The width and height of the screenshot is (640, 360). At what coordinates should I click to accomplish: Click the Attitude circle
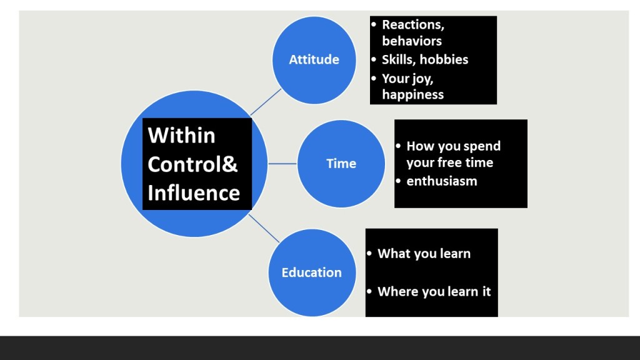point(314,60)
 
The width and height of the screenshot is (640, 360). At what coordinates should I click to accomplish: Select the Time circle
point(341,164)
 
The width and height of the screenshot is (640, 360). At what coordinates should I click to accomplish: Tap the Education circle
point(312,272)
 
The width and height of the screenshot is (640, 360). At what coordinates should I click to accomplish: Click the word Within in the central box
point(181,135)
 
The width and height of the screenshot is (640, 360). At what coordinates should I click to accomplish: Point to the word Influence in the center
point(194,192)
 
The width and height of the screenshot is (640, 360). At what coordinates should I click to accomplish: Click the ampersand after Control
point(230,164)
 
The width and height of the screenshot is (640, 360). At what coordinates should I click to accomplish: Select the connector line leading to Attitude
point(266,102)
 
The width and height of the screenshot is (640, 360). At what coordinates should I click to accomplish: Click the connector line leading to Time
point(282,164)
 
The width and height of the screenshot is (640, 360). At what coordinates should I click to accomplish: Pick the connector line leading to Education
point(264,228)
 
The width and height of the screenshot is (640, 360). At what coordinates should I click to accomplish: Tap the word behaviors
point(412,41)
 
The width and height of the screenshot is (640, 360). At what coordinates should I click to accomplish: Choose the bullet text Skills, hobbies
point(425,59)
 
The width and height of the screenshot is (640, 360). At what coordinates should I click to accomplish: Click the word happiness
point(412,95)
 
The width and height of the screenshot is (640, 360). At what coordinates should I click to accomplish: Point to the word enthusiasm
point(442,181)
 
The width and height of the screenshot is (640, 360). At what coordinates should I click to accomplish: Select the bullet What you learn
point(424,254)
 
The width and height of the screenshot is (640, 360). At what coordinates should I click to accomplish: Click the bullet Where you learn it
point(434,291)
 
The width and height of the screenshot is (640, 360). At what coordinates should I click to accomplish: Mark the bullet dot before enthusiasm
point(398,181)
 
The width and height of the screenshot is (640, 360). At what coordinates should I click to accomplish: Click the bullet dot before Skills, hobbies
point(374,59)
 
